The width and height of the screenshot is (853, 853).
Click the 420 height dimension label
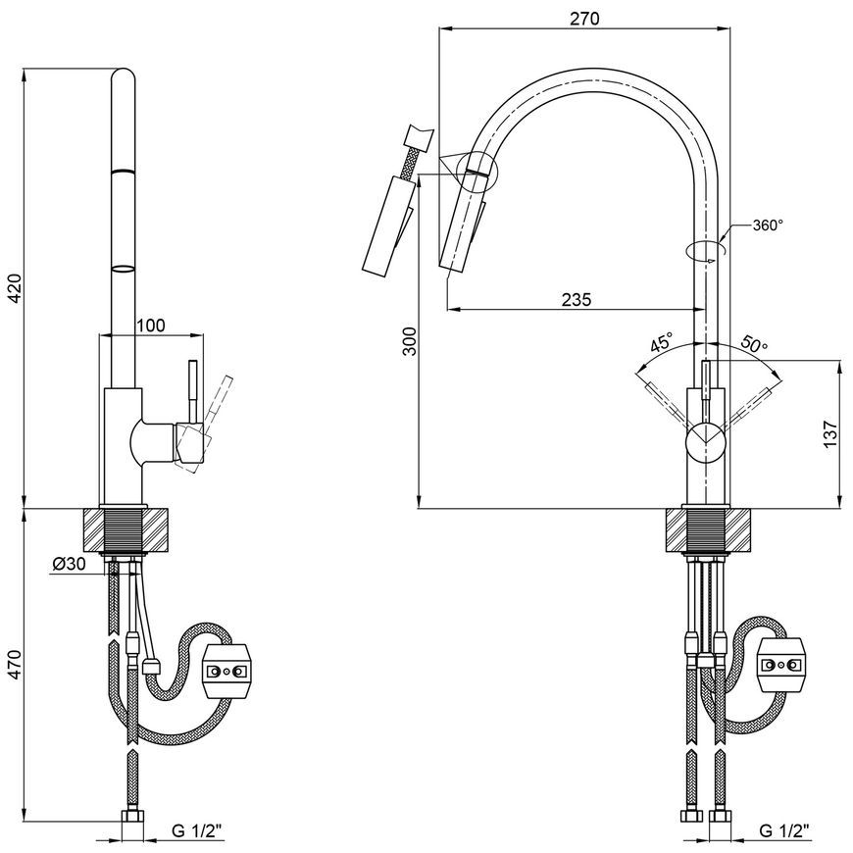16,288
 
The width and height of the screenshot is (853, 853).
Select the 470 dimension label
16,664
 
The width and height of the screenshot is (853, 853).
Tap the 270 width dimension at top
584,19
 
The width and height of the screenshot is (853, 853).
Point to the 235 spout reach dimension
577,299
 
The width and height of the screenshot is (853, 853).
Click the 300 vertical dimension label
410,341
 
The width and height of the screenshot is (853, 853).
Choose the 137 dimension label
830,433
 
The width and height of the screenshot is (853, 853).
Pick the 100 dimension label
150,326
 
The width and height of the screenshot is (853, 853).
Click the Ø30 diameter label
69,564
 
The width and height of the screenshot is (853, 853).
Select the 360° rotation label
768,226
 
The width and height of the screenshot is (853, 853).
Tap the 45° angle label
662,343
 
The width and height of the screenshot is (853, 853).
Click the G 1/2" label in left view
197,830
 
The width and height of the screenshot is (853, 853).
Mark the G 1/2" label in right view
784,830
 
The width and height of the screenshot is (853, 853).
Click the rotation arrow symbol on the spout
706,251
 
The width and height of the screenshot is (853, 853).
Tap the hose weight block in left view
226,671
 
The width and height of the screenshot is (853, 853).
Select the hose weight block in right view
781,664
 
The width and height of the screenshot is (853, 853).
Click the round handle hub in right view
706,443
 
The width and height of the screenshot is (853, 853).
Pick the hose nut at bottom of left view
132,817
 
